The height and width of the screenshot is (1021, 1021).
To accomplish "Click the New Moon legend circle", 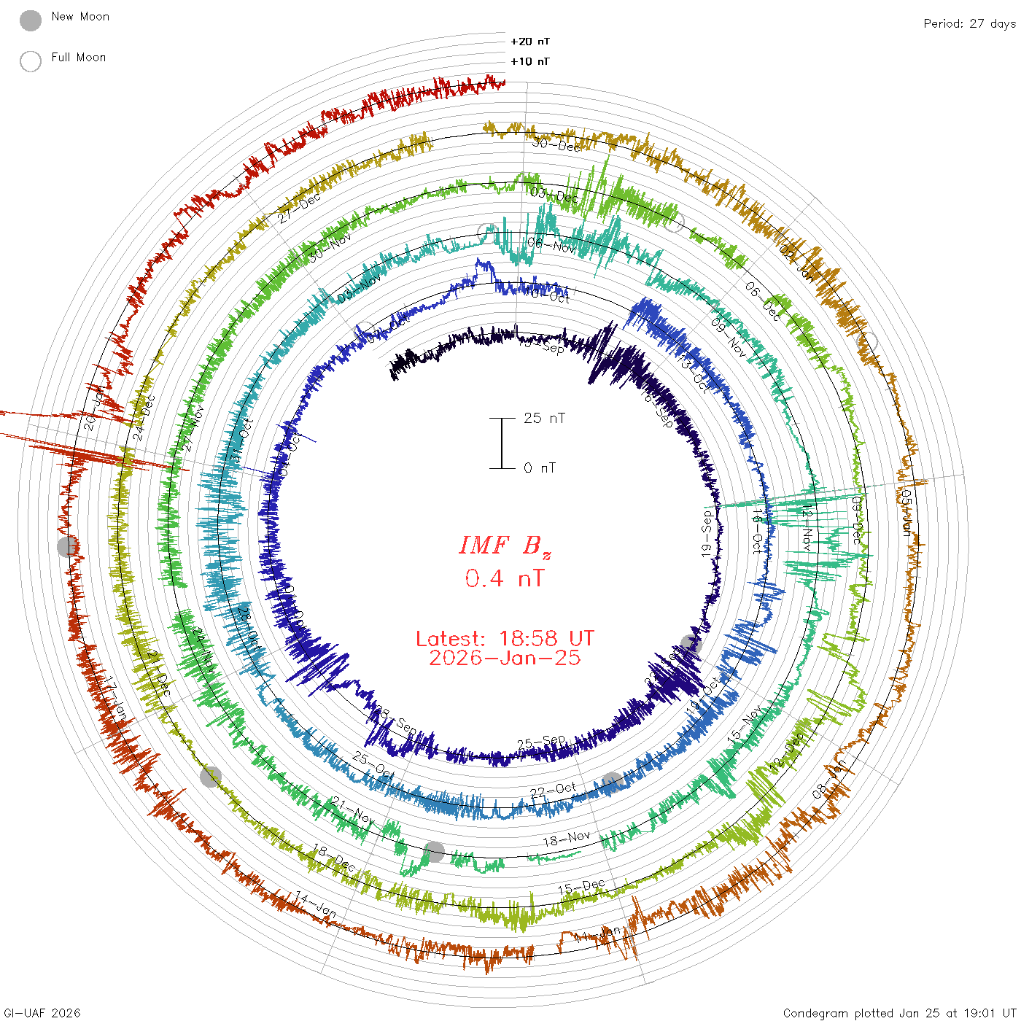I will pyautogui.click(x=31, y=20).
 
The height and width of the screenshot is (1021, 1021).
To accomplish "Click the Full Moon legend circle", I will pyautogui.click(x=31, y=61).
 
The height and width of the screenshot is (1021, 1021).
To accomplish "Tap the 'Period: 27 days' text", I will pyautogui.click(x=969, y=23).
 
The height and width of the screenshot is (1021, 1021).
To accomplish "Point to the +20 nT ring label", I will pyautogui.click(x=530, y=42).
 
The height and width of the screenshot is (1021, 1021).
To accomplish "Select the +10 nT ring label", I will pyautogui.click(x=530, y=61).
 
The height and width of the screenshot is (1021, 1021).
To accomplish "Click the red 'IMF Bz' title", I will pyautogui.click(x=505, y=546).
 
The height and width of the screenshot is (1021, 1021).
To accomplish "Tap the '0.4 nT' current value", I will pyautogui.click(x=505, y=578).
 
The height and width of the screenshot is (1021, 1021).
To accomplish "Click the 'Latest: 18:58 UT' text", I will pyautogui.click(x=505, y=639).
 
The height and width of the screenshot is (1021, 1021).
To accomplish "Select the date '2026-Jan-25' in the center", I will pyautogui.click(x=505, y=658).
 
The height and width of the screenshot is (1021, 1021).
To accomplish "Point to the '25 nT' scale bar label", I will pyautogui.click(x=544, y=418).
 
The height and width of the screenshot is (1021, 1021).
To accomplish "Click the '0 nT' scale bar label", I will pyautogui.click(x=540, y=467).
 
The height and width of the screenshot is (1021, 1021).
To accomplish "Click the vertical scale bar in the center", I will pyautogui.click(x=502, y=443).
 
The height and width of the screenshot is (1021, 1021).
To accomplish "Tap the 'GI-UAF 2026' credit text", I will pyautogui.click(x=42, y=1013).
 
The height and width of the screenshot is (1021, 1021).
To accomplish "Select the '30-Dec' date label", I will pyautogui.click(x=556, y=144).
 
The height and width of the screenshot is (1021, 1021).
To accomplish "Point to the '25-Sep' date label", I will pyautogui.click(x=541, y=742).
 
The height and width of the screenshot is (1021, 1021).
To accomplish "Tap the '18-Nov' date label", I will pyautogui.click(x=566, y=839).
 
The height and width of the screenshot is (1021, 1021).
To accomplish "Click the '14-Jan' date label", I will pyautogui.click(x=316, y=905).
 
